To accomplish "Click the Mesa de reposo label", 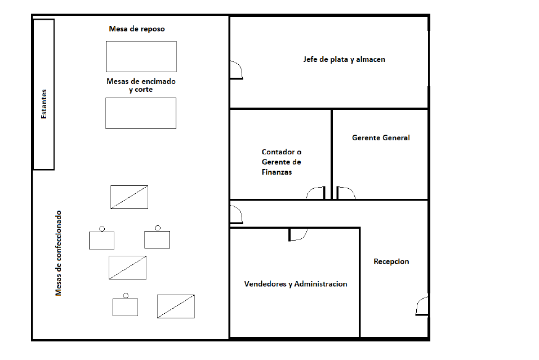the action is click(x=137, y=29).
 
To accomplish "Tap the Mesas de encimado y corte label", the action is click(x=141, y=85).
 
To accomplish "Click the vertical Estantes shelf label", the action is click(x=44, y=104).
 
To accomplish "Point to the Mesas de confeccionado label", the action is click(x=59, y=253).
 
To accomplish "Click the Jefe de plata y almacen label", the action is click(x=344, y=60).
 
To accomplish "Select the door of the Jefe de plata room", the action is click(x=237, y=70).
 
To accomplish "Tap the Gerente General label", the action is click(x=381, y=138).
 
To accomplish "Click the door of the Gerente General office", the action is click(x=346, y=193).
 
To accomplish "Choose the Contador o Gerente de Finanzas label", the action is click(x=281, y=162).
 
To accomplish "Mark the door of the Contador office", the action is click(x=315, y=193).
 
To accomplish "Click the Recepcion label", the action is click(x=391, y=261).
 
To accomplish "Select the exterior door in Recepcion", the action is click(x=422, y=306).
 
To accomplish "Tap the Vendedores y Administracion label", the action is click(x=296, y=284).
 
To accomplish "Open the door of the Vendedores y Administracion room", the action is click(x=298, y=234).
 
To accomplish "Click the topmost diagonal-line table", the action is click(x=129, y=197).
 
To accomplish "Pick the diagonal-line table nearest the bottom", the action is click(x=176, y=306).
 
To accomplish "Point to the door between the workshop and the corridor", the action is click(x=237, y=215).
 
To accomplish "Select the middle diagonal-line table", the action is click(x=127, y=268).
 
